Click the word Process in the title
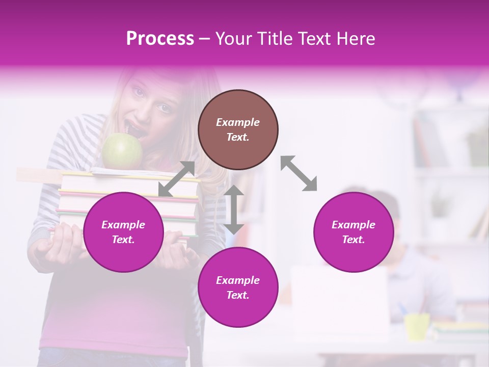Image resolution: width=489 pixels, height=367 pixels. point(160,38)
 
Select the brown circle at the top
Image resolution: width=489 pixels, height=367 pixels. point(238,129)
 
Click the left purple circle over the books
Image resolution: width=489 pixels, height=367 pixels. point(123,232)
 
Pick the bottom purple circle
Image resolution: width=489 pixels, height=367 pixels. point(238,287)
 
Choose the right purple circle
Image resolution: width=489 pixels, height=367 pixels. point(354,232)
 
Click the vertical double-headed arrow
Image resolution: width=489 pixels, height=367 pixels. point(234,209)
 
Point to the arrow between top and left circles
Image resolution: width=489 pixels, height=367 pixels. point(176,179)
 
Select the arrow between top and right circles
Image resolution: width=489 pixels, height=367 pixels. point(299,173)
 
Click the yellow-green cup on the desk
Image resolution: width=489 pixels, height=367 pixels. point(417,326)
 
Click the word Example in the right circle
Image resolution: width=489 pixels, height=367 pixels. point(354,225)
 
